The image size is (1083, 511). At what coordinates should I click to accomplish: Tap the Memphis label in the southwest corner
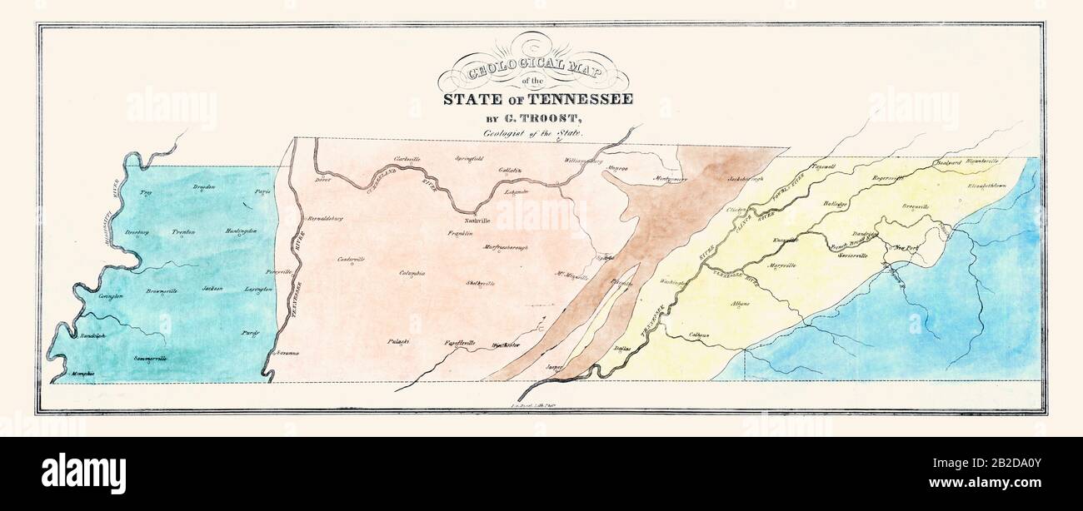82,374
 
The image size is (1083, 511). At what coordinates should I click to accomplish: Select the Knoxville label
785,240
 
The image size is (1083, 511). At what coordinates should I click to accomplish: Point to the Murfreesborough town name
506,247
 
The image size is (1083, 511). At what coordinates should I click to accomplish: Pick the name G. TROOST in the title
542,117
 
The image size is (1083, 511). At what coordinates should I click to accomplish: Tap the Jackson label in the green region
212,289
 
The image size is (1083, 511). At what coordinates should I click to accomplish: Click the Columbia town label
412,273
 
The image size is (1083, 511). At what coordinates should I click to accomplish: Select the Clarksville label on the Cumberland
407,158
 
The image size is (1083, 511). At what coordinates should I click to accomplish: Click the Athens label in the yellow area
741,304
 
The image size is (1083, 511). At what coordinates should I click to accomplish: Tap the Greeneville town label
918,205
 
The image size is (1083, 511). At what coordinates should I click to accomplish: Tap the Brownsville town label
162,291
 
